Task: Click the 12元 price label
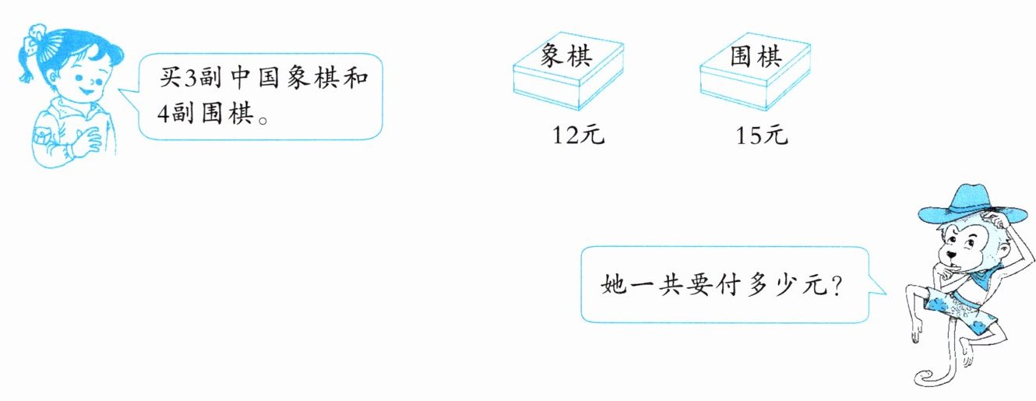[578, 135]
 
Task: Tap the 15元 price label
[762, 135]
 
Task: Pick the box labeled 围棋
[754, 74]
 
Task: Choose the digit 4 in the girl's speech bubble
[162, 114]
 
